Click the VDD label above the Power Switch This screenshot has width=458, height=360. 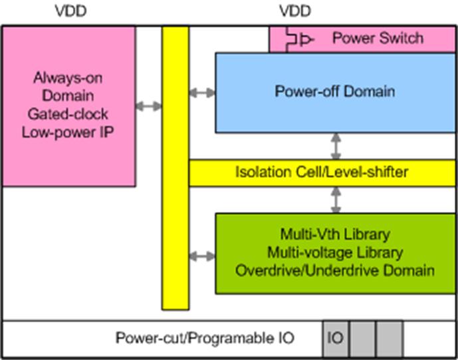[x=294, y=11]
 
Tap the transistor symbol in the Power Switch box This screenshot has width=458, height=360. [x=297, y=40]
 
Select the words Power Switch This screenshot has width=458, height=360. [x=378, y=38]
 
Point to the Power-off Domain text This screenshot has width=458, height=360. [x=334, y=91]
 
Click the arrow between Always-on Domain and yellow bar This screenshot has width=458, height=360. [x=149, y=106]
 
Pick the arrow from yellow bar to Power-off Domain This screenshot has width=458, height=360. [x=202, y=92]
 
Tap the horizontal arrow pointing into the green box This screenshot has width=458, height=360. [x=202, y=256]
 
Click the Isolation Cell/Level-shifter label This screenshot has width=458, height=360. [x=322, y=173]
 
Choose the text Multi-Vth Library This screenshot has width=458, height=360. [x=334, y=234]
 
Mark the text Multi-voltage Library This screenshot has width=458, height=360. [x=334, y=252]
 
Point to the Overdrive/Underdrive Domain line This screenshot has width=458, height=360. [x=334, y=270]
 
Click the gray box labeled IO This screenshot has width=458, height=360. [x=336, y=338]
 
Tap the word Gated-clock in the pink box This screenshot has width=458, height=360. [x=68, y=113]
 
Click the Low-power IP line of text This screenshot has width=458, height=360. [x=68, y=132]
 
